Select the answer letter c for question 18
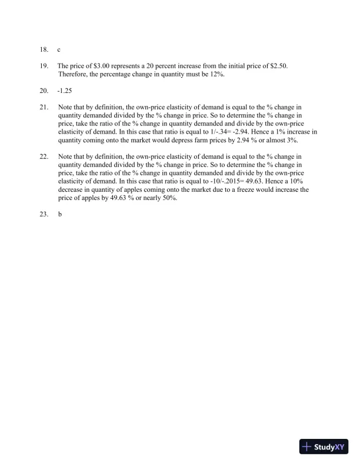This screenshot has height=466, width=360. click(x=59, y=51)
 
